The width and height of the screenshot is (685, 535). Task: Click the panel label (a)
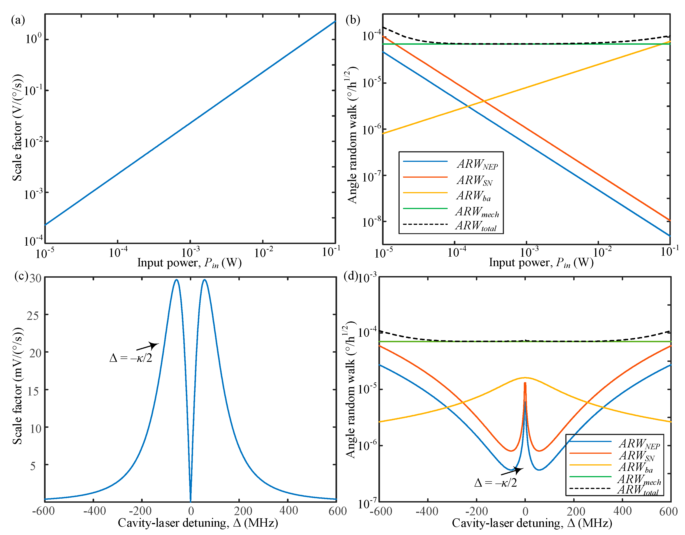coord(18,20)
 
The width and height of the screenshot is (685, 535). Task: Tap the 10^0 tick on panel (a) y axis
coord(33,39)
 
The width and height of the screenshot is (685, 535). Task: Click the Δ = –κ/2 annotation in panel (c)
coord(131,358)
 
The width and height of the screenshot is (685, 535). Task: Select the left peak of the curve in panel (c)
coord(177,280)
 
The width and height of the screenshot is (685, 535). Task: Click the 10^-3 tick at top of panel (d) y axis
coord(367,278)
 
